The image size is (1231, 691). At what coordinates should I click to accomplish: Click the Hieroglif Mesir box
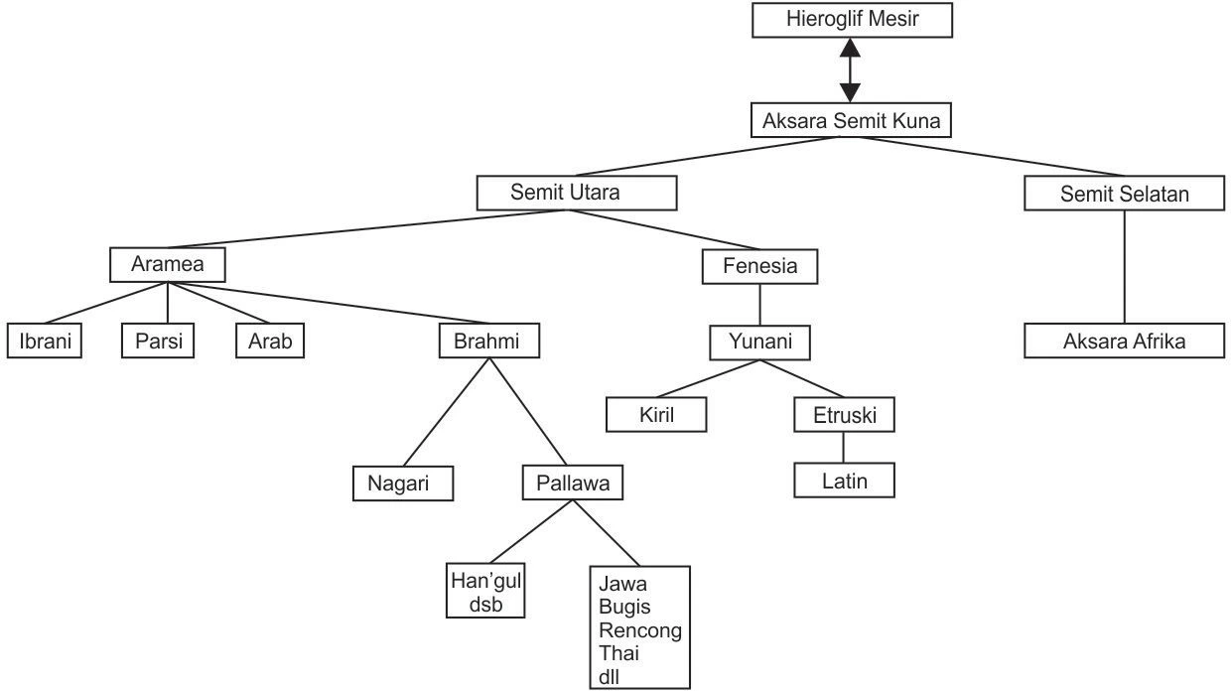[851, 19]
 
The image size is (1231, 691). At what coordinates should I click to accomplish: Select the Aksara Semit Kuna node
[851, 122]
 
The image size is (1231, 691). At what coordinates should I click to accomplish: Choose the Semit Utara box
[577, 193]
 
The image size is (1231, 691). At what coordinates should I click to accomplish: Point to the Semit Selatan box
[1124, 194]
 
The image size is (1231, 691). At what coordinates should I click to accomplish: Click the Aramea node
[167, 265]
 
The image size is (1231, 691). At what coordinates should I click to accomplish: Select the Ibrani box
[45, 342]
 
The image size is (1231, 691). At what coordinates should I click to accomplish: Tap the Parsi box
[159, 342]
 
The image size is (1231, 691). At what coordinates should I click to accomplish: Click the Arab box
[269, 342]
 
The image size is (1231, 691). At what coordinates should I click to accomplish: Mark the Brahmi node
[490, 342]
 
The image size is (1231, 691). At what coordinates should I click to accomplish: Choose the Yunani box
[759, 343]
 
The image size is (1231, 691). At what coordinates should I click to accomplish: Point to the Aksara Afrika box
[1124, 342]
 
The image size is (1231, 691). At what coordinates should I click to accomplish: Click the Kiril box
[656, 415]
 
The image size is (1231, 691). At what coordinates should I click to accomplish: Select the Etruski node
[844, 415]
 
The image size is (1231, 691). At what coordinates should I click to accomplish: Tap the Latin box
[844, 482]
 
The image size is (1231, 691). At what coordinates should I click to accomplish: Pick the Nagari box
[403, 484]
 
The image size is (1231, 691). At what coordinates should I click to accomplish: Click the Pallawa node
[572, 484]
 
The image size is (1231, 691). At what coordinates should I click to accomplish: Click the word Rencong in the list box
[640, 630]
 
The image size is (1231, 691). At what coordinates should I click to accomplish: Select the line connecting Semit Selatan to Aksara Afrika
[1124, 268]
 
